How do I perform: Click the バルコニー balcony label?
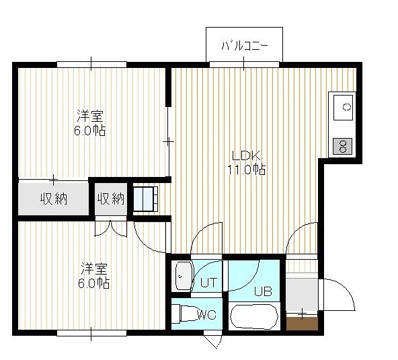pos(245,46)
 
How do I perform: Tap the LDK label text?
pos(246,155)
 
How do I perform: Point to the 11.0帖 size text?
pos(246,169)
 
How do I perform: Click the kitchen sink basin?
pos(343,108)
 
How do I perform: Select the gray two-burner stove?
pos(343,146)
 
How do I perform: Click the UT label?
pos(208,282)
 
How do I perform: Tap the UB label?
pos(264,291)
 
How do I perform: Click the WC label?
pos(207,315)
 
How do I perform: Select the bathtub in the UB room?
pos(254,316)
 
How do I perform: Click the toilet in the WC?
pos(184,314)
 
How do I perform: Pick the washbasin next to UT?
pos(183,276)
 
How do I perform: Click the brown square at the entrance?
pos(302,324)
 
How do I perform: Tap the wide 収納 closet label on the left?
pos(54,199)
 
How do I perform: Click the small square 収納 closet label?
pos(111,199)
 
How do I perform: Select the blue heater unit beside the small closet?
pos(145,199)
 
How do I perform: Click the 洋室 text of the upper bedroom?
pos(90,116)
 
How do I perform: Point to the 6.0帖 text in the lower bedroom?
pos(94,283)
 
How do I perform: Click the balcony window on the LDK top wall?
pos(244,64)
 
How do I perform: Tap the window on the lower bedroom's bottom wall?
pos(91,333)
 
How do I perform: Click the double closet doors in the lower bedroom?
pos(111,228)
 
